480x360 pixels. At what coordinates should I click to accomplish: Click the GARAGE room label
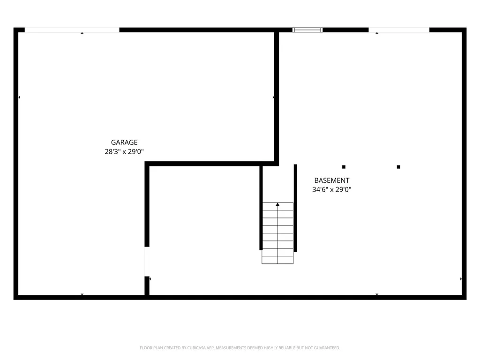pyautogui.click(x=124, y=142)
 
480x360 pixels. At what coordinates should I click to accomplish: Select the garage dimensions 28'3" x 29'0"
pyautogui.click(x=124, y=151)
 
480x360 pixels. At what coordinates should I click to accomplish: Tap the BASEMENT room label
pyautogui.click(x=331, y=180)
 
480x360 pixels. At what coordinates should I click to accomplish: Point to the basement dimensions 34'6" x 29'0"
pyautogui.click(x=331, y=190)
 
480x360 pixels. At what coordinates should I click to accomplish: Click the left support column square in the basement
pyautogui.click(x=344, y=167)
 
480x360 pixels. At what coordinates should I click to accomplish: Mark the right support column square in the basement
pyautogui.click(x=398, y=167)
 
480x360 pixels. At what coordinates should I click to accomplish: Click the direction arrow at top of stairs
pyautogui.click(x=277, y=204)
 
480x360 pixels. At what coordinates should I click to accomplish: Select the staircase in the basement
pyautogui.click(x=277, y=233)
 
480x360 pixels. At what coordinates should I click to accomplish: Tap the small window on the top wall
pyautogui.click(x=307, y=30)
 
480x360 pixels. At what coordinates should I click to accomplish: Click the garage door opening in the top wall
pyautogui.click(x=72, y=30)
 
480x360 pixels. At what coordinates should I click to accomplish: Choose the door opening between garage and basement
pyautogui.click(x=147, y=262)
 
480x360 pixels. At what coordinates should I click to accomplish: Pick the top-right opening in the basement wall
pyautogui.click(x=399, y=30)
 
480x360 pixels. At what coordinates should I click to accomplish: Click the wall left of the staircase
pyautogui.click(x=261, y=208)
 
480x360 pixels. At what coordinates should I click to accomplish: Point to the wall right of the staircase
pyautogui.click(x=295, y=208)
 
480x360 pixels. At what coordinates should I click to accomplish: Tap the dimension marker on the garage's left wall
pyautogui.click(x=19, y=97)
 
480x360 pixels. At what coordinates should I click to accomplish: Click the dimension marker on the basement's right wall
pyautogui.click(x=461, y=279)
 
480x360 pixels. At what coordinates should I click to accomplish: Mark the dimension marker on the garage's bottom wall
pyautogui.click(x=82, y=294)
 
